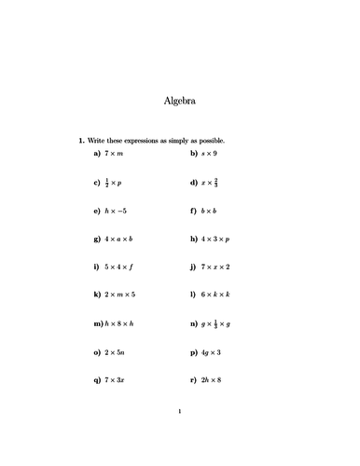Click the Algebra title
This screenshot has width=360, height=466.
[x=179, y=100]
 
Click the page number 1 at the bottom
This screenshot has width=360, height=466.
[x=179, y=410]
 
